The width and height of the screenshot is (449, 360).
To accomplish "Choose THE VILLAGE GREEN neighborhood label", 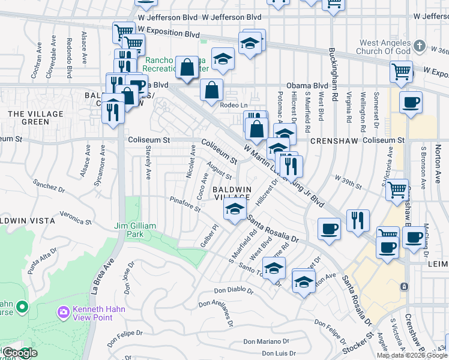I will (28, 118).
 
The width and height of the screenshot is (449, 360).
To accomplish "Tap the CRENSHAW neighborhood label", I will (334, 140).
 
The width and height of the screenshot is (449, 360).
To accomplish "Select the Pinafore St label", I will (185, 204).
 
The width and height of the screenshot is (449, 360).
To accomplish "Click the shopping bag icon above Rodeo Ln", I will (211, 91).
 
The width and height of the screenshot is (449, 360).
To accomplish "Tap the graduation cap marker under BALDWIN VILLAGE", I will (234, 209).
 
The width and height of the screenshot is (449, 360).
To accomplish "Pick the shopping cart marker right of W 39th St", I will (397, 190).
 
